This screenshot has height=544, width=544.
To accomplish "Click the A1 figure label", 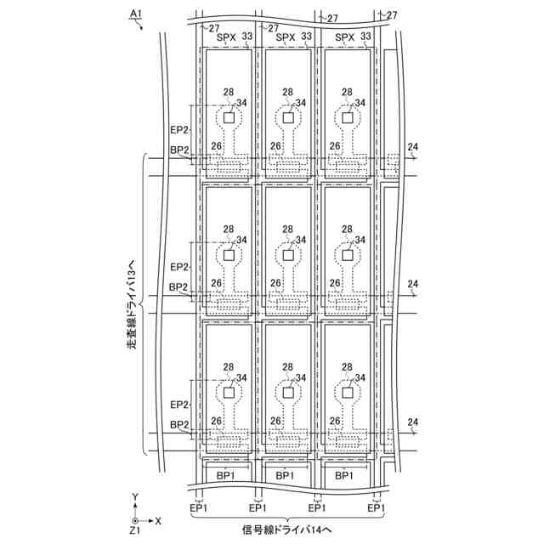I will coord(133,14).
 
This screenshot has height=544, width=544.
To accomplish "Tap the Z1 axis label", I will coord(133,530).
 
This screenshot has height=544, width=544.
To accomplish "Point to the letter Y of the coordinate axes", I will coord(134,496).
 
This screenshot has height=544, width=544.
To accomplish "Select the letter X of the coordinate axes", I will coord(158,518).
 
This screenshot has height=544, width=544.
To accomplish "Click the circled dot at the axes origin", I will coord(134,518).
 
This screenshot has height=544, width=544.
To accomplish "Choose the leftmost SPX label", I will coord(226,37).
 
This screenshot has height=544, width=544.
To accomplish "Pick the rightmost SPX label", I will coord(344,37).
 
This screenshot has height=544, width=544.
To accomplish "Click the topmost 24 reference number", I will coord(413,146).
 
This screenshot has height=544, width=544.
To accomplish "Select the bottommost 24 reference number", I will coord(413,422).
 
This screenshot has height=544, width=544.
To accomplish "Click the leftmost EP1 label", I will coord(199,507).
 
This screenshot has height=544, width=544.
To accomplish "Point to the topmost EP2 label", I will coord(178,129).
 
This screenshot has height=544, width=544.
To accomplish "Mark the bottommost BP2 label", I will coord(178,425).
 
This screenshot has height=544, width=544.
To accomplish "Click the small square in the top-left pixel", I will coord(229,118).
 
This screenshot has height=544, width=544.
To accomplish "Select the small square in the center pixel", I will coord(288,255).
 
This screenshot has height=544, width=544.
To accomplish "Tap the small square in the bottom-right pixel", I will coord(347,393).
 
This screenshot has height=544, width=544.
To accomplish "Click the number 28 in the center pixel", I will coord(287,229).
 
